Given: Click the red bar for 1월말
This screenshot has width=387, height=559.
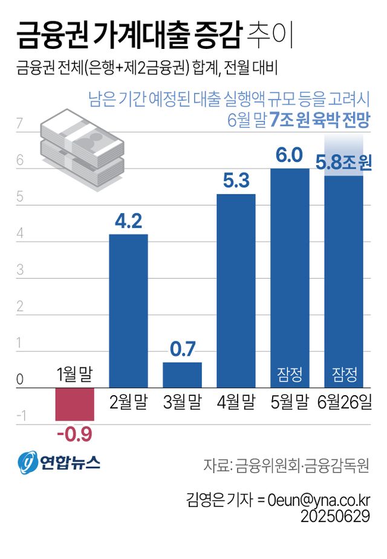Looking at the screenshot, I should click(74, 404).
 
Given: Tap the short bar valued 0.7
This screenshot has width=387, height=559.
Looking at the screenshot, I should click(182, 375).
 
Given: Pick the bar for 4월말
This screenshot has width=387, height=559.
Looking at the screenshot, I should click(236, 290).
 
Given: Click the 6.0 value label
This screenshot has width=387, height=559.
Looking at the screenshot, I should click(289, 155).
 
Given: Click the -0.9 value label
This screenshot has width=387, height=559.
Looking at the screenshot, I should click(74, 434).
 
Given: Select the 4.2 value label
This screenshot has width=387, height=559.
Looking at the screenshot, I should click(128, 221).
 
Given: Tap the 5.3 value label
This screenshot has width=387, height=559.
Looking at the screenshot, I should click(236, 181).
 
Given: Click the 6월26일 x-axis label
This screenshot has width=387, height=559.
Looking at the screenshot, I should click(343, 402).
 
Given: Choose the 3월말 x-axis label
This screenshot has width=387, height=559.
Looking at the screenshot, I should click(182, 402).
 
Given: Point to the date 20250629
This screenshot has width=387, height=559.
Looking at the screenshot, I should click(336, 517).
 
